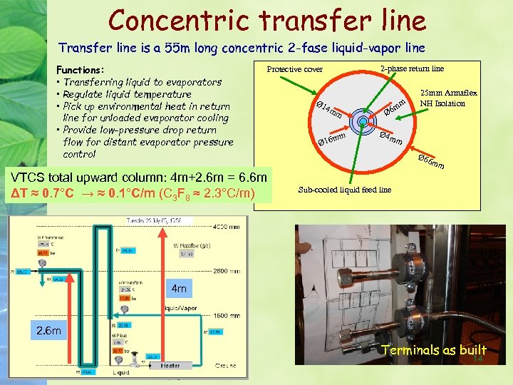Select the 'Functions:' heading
pos(80,70)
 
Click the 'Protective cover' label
pos(294,69)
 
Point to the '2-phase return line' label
pos(412,68)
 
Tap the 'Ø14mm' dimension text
pos(332,109)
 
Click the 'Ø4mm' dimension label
pos(391,137)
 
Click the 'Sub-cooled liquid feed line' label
pos(344,190)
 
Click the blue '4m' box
pos(180,289)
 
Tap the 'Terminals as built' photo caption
pos(433,350)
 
